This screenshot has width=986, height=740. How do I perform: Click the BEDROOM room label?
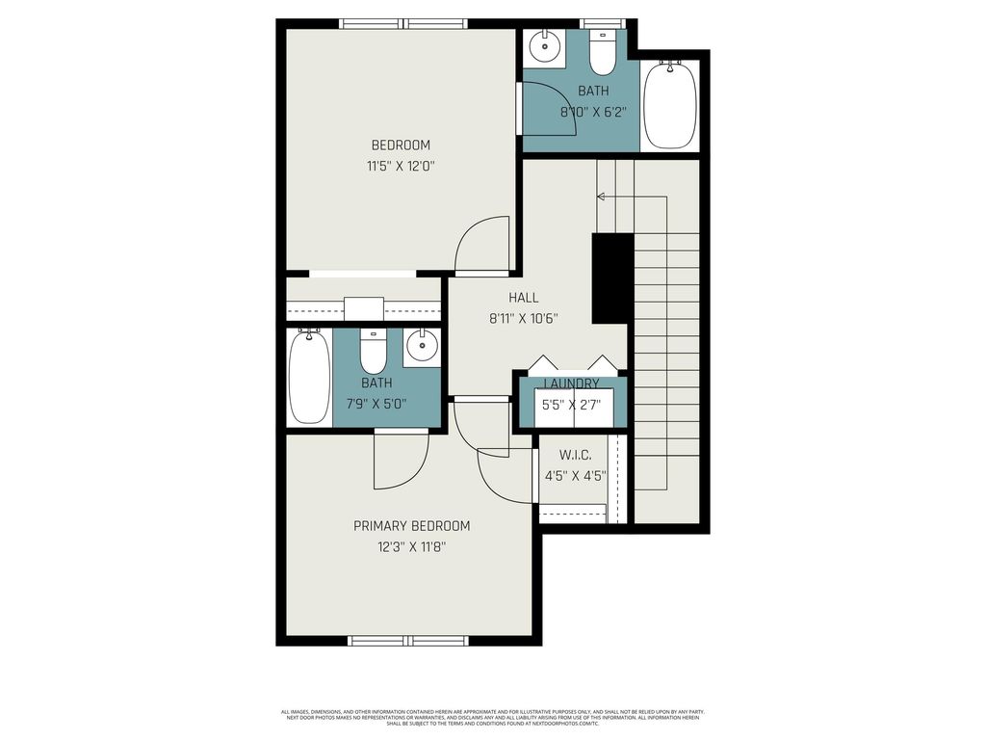click(401, 145)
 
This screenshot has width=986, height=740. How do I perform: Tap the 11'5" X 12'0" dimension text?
click(401, 166)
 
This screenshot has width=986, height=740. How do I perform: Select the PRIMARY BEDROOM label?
click(411, 526)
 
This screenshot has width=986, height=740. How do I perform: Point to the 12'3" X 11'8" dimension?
click(411, 546)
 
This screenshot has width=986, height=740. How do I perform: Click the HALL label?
click(524, 298)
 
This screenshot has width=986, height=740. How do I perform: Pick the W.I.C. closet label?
click(576, 455)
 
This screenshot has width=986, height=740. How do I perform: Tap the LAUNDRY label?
click(572, 383)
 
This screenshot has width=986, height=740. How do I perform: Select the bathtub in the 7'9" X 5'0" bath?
click(309, 377)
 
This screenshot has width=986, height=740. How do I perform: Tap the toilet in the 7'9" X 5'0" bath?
click(373, 353)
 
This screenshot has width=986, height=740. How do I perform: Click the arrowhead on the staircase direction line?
click(601, 197)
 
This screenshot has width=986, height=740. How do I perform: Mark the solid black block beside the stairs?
click(611, 278)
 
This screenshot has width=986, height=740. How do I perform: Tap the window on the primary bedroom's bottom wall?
click(408, 640)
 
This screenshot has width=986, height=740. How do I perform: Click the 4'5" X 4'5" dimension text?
click(576, 475)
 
